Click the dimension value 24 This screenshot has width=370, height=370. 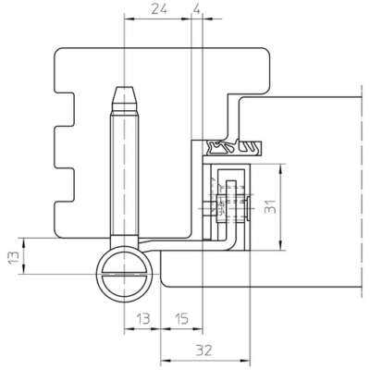(159, 9)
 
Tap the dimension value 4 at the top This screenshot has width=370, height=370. (196, 9)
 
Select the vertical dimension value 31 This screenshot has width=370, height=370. (270, 205)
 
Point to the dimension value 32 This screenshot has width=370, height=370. (204, 351)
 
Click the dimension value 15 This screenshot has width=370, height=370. (181, 318)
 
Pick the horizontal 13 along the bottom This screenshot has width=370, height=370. (143, 318)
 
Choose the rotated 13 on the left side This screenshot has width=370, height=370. (14, 257)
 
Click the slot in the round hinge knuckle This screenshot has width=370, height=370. (124, 274)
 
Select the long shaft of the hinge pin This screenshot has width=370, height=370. (124, 174)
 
